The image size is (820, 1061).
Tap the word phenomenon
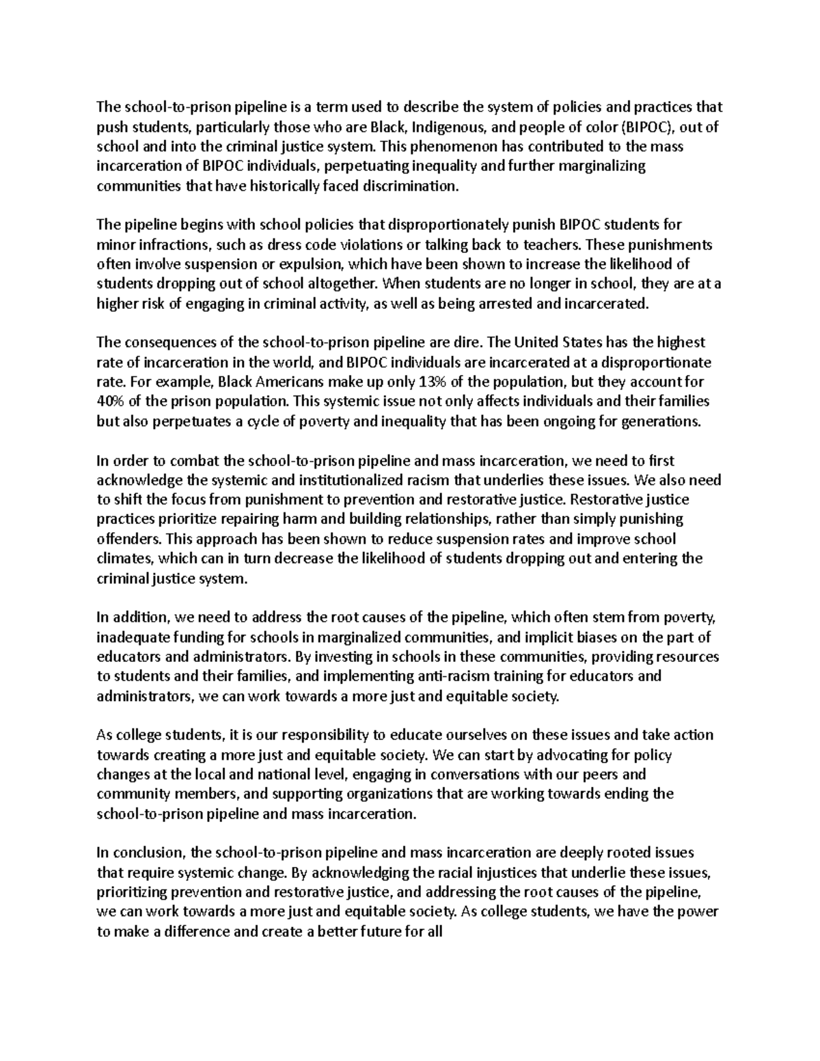(437, 146)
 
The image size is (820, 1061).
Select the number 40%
(111, 402)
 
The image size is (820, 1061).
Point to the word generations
(661, 422)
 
